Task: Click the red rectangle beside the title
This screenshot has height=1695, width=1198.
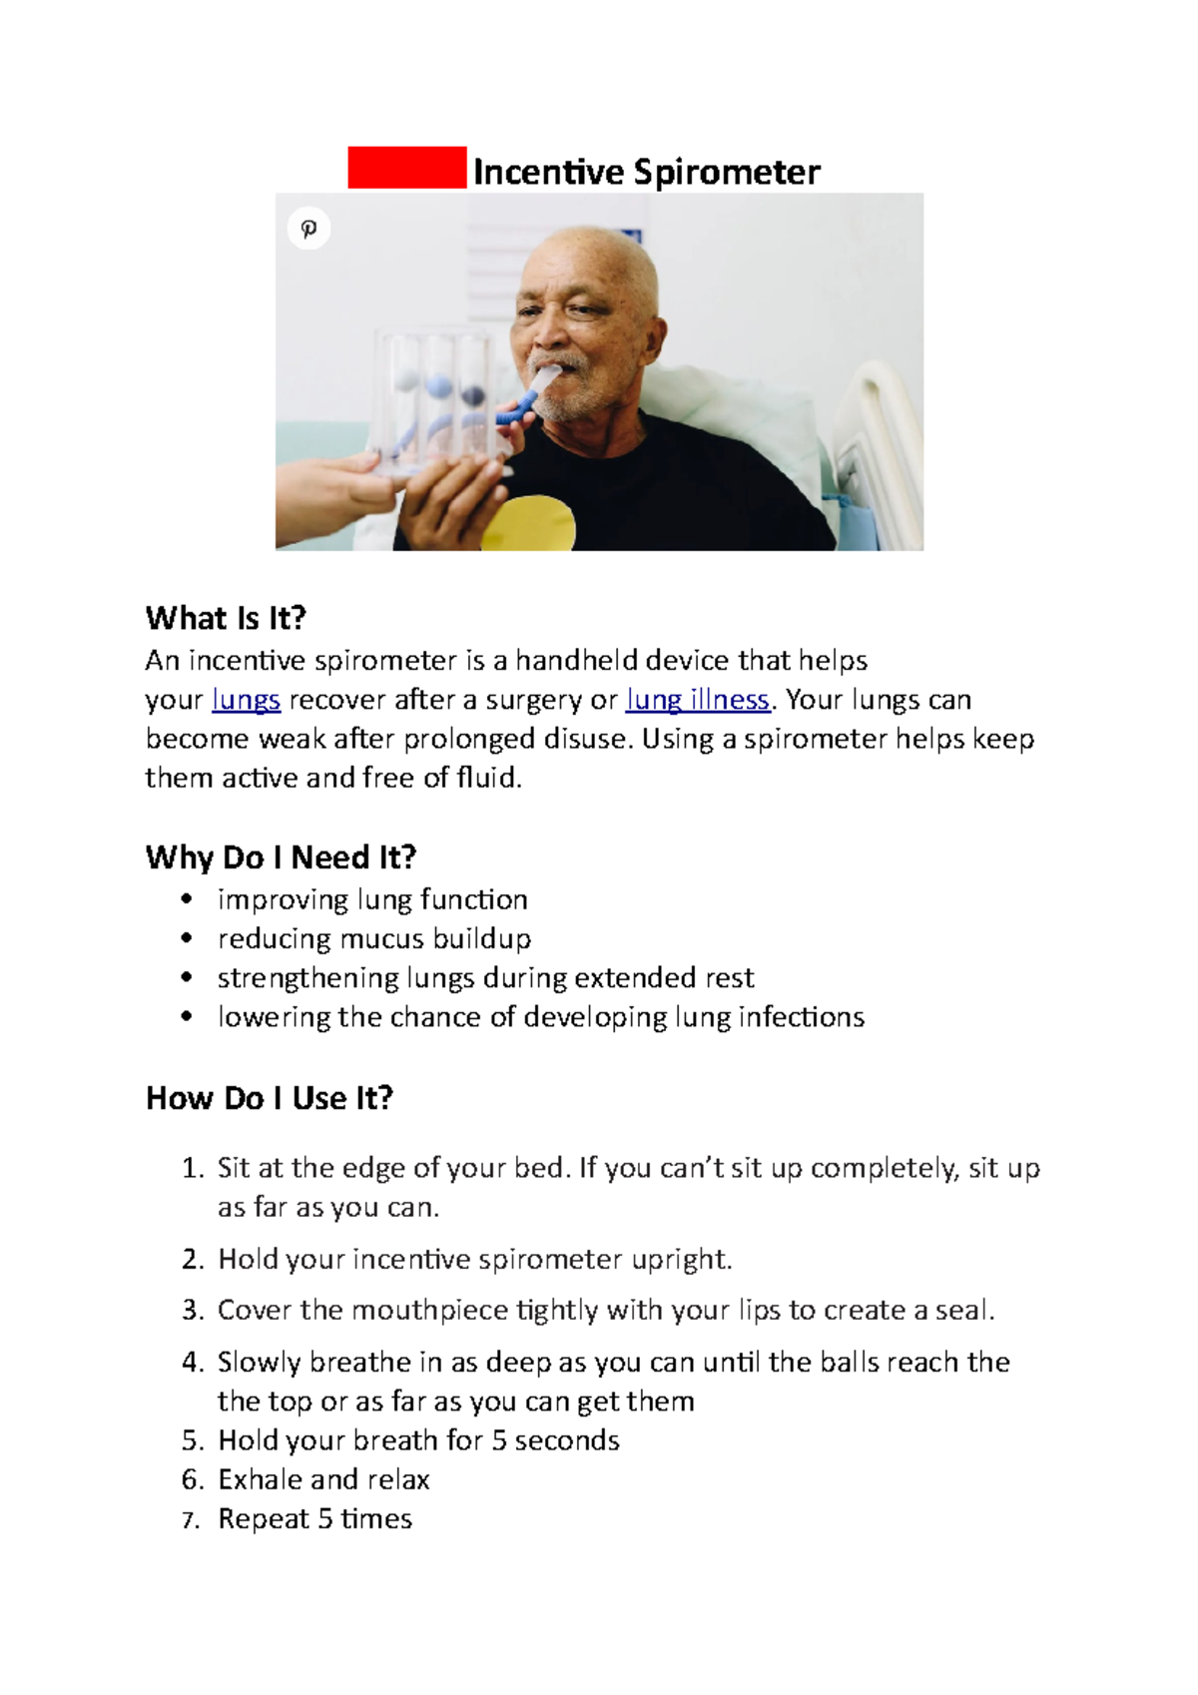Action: click(406, 168)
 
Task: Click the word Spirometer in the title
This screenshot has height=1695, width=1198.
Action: click(727, 173)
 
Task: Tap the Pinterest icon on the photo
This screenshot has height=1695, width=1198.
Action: click(308, 229)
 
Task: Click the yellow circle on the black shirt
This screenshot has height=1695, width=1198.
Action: click(530, 522)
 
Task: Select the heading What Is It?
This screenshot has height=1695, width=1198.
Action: click(226, 619)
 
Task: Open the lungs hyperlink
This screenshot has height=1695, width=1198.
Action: click(246, 700)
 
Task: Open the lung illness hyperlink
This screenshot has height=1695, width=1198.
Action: click(697, 700)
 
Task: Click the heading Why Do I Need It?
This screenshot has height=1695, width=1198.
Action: click(281, 857)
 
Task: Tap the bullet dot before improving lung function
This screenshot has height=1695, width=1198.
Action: click(187, 899)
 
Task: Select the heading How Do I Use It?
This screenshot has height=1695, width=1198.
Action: click(270, 1098)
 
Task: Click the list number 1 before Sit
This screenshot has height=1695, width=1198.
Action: click(192, 1168)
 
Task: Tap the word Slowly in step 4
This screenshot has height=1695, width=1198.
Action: click(259, 1363)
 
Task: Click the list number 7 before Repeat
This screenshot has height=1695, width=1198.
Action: click(191, 1520)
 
